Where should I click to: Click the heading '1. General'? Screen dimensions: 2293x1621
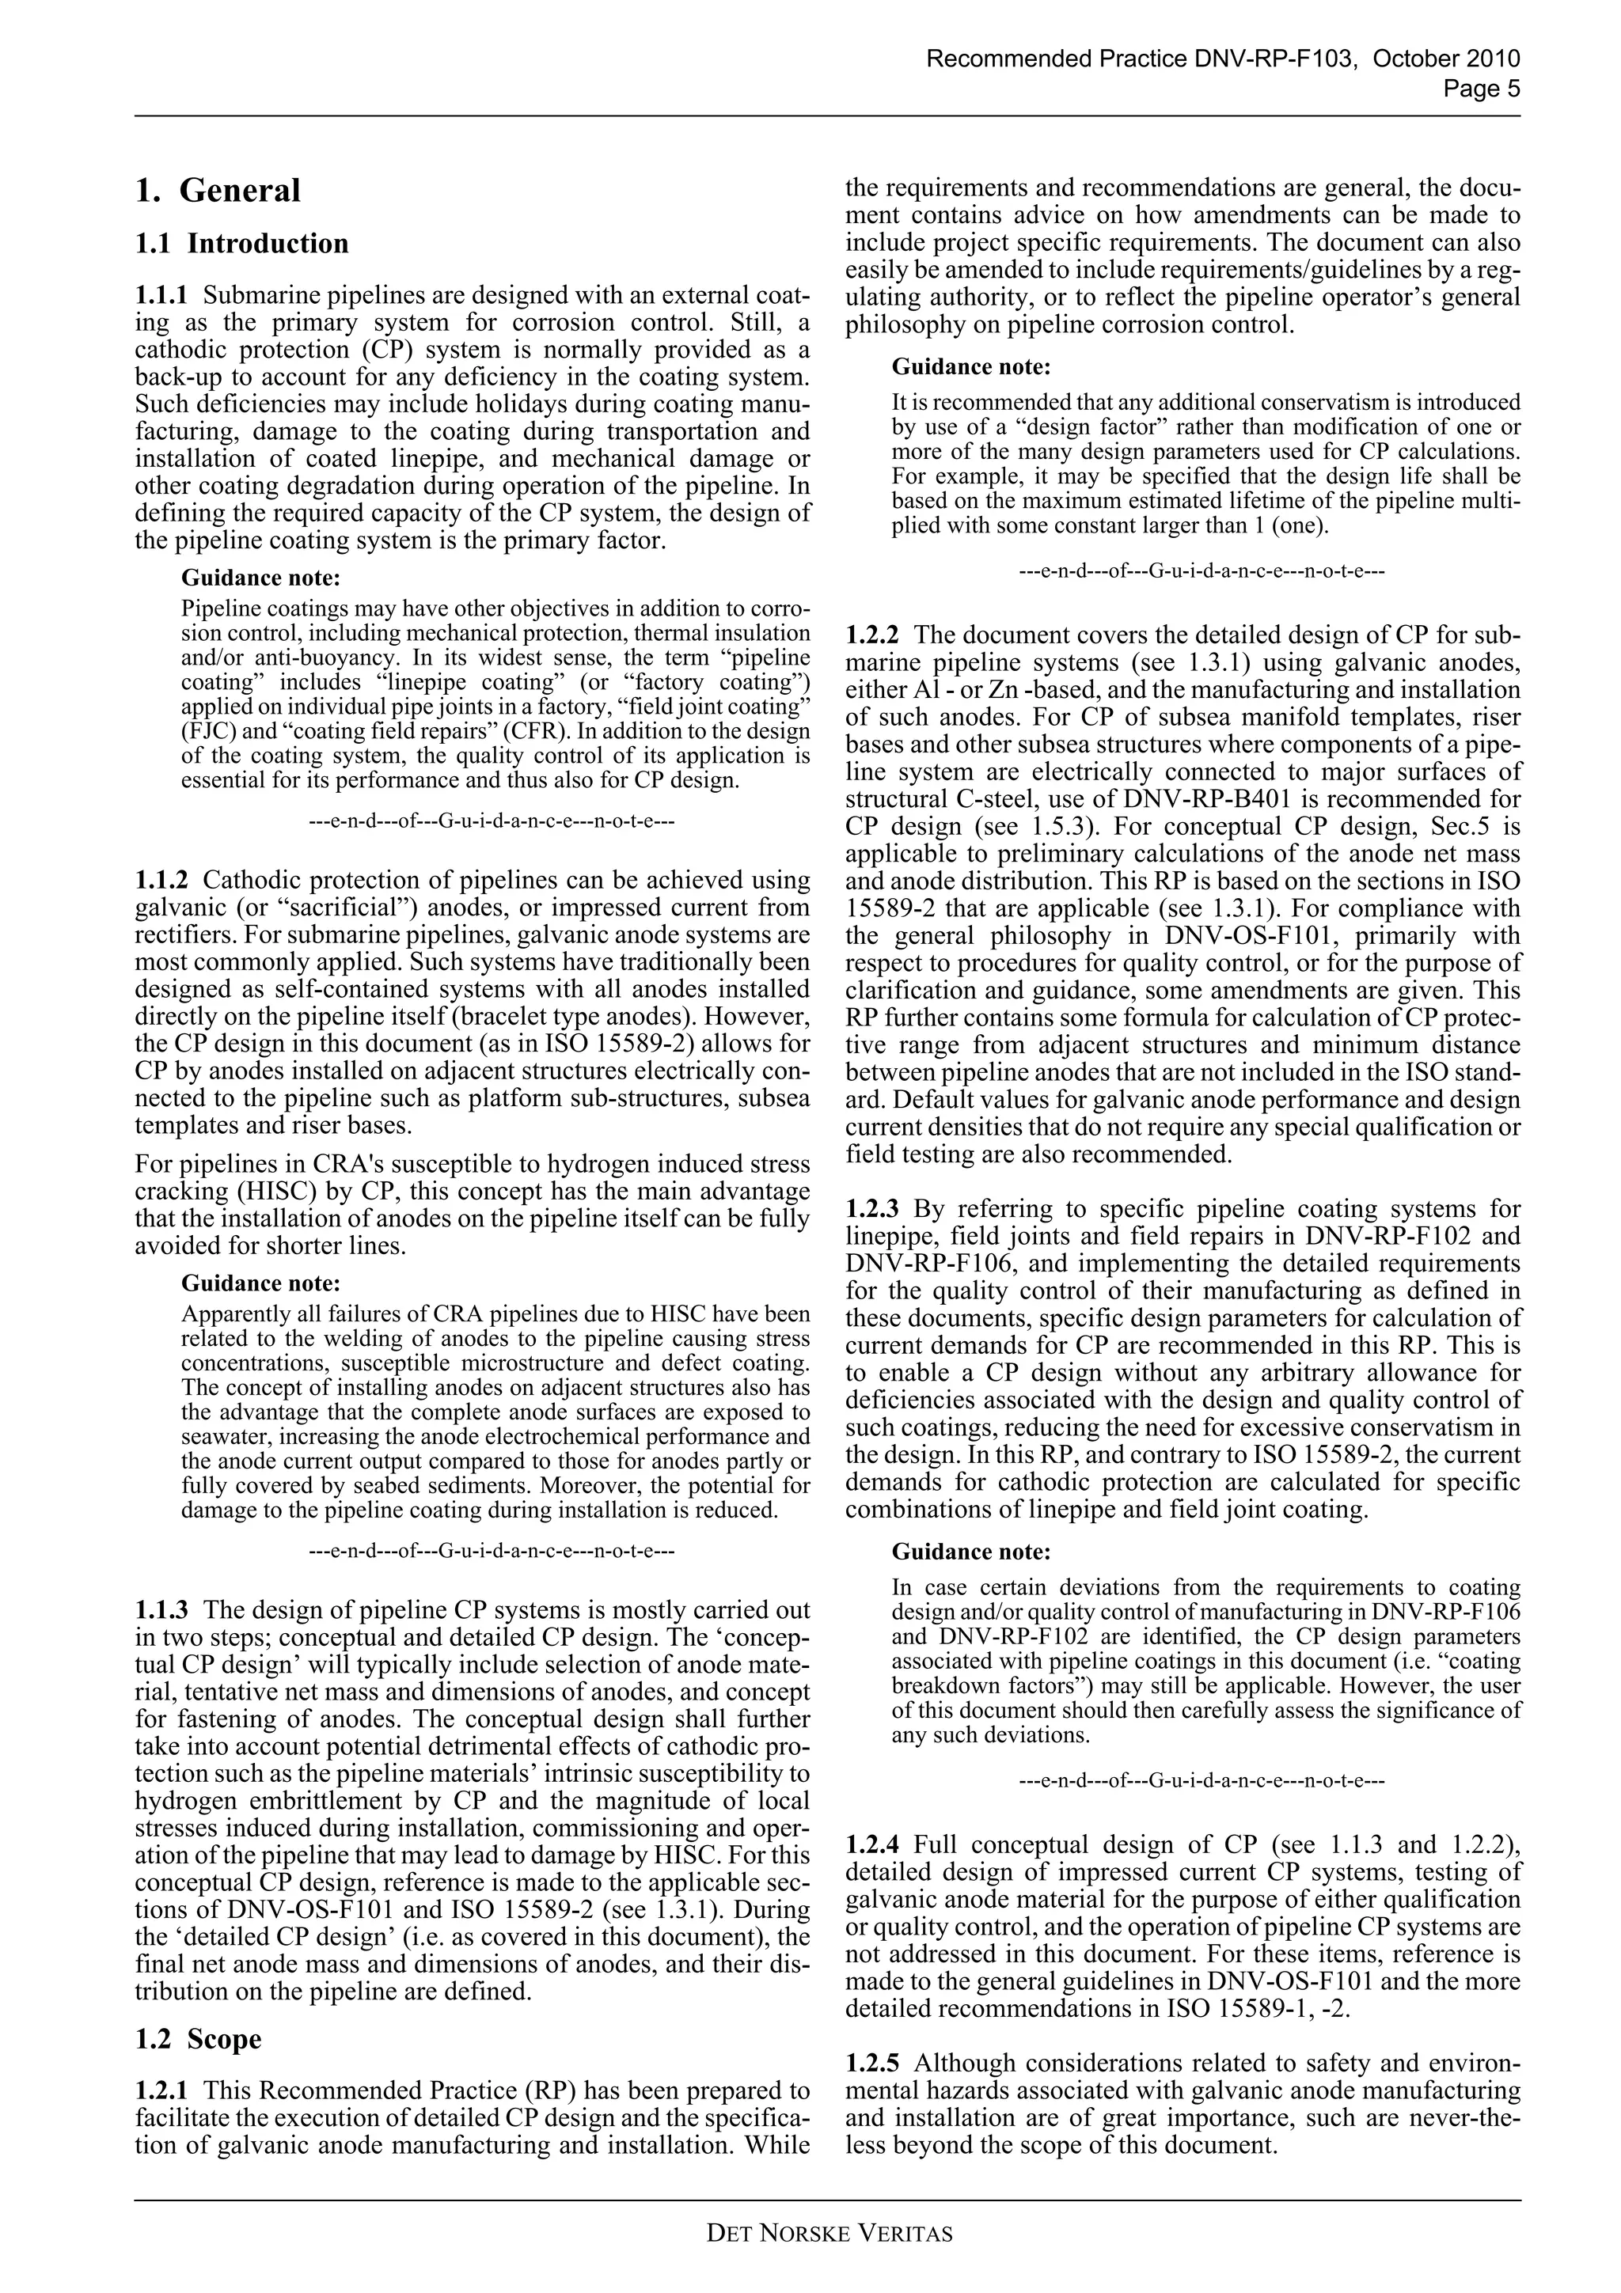pos(218,191)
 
